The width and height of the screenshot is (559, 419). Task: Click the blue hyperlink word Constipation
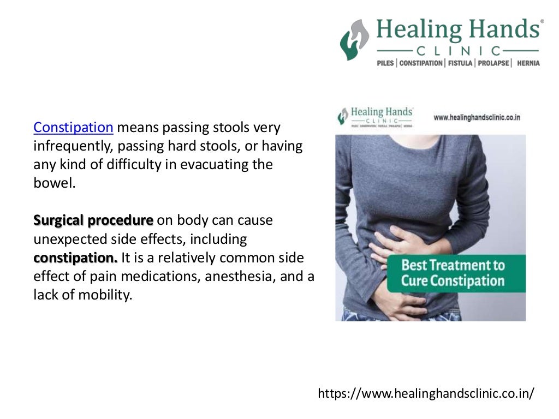[73, 128]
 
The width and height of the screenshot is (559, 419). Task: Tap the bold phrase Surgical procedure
[93, 220]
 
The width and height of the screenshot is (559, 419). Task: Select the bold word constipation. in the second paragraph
[75, 258]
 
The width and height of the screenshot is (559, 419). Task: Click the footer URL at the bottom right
[426, 393]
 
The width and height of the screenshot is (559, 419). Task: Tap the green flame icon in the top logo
[354, 40]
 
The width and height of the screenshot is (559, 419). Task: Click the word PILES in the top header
[386, 63]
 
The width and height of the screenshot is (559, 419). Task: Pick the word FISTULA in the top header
[461, 63]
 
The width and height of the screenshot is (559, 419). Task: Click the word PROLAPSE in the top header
[493, 63]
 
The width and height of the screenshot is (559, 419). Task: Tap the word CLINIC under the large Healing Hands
[458, 51]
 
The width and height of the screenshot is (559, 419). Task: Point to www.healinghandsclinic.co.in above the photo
[477, 117]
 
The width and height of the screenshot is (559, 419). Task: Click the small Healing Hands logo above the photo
[376, 116]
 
